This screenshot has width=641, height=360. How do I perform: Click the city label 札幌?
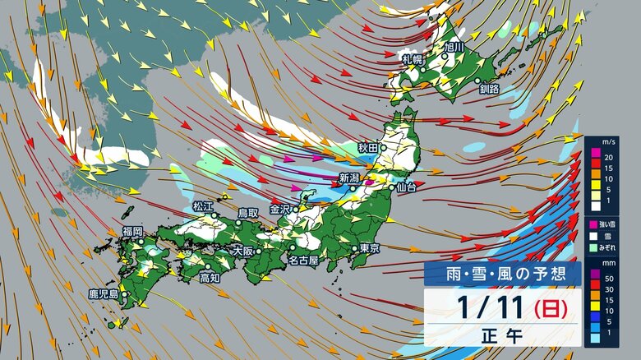click(x=413, y=59)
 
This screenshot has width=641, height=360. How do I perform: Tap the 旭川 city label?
click(x=454, y=47)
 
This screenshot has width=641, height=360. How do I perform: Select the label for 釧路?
click(x=491, y=88)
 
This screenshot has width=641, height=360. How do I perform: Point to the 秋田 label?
click(x=367, y=147)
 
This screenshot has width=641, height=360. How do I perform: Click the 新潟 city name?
click(x=350, y=178)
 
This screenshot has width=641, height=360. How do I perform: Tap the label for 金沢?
click(x=281, y=209)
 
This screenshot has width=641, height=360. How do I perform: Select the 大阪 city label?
click(x=243, y=250)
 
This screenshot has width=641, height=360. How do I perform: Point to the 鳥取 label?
click(x=248, y=213)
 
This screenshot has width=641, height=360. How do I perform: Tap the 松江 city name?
click(x=202, y=206)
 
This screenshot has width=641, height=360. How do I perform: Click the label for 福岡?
click(x=132, y=232)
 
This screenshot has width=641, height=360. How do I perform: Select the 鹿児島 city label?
click(x=104, y=293)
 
